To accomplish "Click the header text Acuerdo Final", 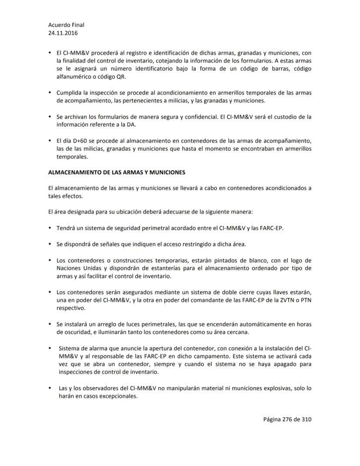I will click(x=66, y=25).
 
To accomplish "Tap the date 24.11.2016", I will click(x=63, y=33).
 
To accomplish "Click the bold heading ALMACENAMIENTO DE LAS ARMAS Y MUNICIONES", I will click(x=117, y=172).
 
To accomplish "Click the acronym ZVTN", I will click(x=286, y=300).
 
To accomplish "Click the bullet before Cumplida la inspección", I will click(x=50, y=93).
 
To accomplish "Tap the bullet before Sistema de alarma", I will click(x=50, y=348).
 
